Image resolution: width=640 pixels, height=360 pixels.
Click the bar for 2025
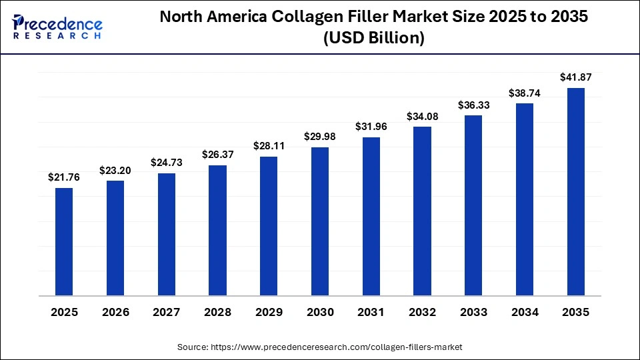[x=64, y=241]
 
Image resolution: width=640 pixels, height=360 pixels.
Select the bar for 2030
[x=320, y=221]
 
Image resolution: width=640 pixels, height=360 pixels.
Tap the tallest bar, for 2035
[x=575, y=192]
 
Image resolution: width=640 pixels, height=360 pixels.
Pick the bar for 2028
[x=217, y=230]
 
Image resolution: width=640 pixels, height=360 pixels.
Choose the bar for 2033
[x=473, y=205]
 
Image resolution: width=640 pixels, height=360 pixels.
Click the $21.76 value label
[x=64, y=177]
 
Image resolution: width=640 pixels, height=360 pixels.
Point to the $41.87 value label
[x=575, y=77]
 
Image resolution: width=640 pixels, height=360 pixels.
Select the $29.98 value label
[x=320, y=137]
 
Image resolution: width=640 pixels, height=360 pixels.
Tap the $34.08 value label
[x=422, y=117]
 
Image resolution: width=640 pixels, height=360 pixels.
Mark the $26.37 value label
[x=217, y=155]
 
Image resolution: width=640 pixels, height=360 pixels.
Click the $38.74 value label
[x=525, y=93]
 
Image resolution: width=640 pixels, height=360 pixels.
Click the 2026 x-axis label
[x=115, y=312]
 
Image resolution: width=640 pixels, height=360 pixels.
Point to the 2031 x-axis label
[x=371, y=312]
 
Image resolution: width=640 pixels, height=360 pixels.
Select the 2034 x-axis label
[x=525, y=312]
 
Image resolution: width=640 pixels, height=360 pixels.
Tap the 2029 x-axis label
[x=269, y=312]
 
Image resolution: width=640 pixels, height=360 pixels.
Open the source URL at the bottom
[x=319, y=347]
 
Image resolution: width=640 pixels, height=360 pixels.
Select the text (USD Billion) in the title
[x=373, y=39]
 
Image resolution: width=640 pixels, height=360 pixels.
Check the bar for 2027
[x=167, y=234]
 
